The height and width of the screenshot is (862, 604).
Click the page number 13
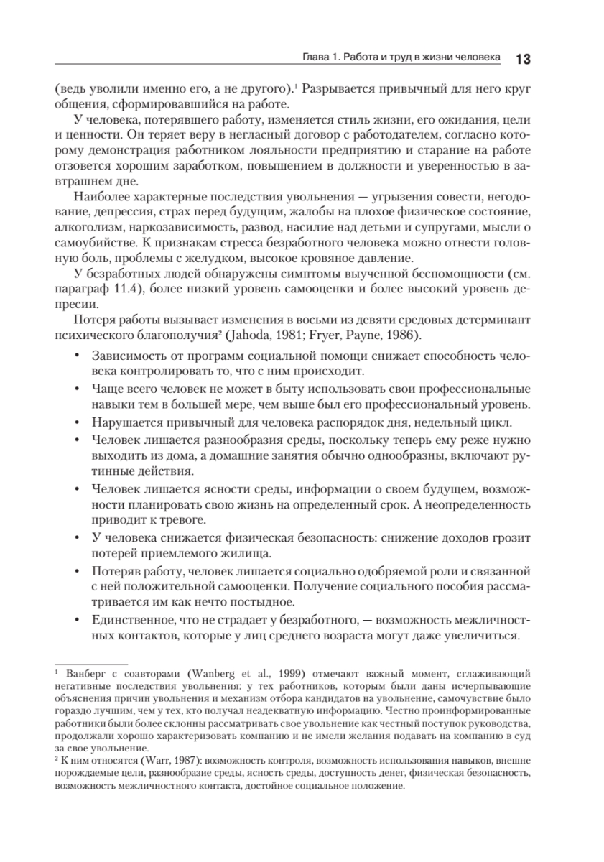point(522,57)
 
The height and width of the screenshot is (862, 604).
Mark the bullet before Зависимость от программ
point(78,356)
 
